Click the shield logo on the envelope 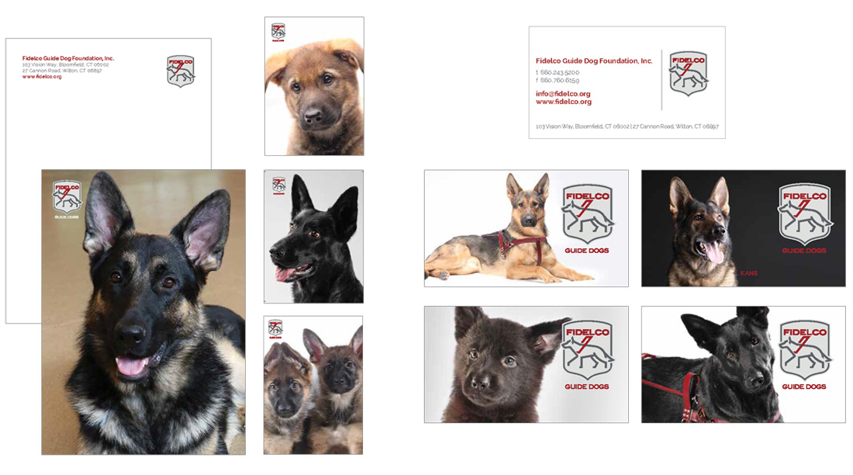pos(181,71)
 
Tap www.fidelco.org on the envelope pos(42,77)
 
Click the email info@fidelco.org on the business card pos(563,94)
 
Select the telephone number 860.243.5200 pos(560,72)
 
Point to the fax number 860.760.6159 pos(560,80)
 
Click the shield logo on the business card pos(689,73)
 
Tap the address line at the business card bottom pos(627,126)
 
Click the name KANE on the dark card pos(748,273)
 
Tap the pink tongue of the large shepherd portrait pos(131,366)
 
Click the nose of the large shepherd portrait pos(132,335)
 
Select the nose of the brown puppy pos(313,117)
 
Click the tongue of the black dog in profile pos(284,273)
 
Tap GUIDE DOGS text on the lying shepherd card pos(586,251)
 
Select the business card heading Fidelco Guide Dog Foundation pos(594,61)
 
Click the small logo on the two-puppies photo pos(275,328)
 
